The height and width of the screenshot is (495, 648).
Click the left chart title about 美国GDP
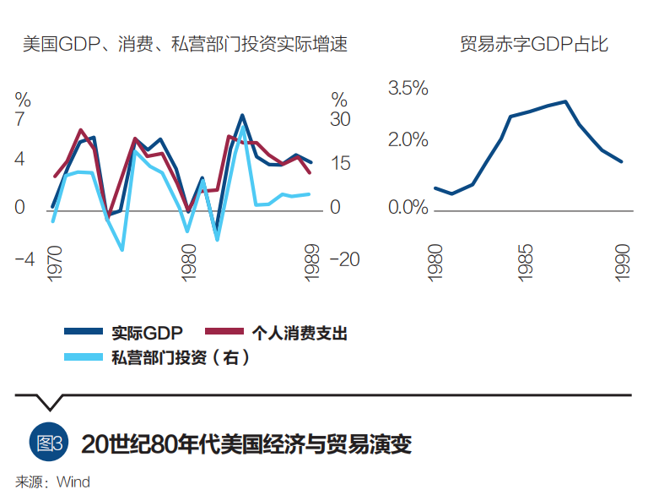(185, 44)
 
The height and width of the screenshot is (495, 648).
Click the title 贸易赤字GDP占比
(533, 44)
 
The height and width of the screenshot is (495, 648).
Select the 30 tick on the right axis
(340, 120)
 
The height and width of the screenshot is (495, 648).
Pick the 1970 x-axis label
(54, 264)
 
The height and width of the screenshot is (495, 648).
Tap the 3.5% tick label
(408, 88)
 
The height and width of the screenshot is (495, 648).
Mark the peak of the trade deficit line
(564, 101)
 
